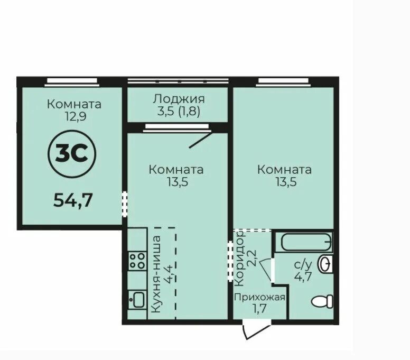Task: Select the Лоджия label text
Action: [x=178, y=99]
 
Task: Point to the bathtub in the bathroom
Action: [x=306, y=242]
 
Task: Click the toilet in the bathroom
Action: [x=322, y=301]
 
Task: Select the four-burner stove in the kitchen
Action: [x=137, y=260]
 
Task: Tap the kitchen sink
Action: [x=137, y=300]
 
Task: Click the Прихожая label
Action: [x=260, y=297]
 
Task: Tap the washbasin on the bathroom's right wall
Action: [x=327, y=263]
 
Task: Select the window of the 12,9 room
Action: [x=71, y=81]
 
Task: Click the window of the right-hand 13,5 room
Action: [x=284, y=81]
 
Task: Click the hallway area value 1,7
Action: [x=260, y=308]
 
